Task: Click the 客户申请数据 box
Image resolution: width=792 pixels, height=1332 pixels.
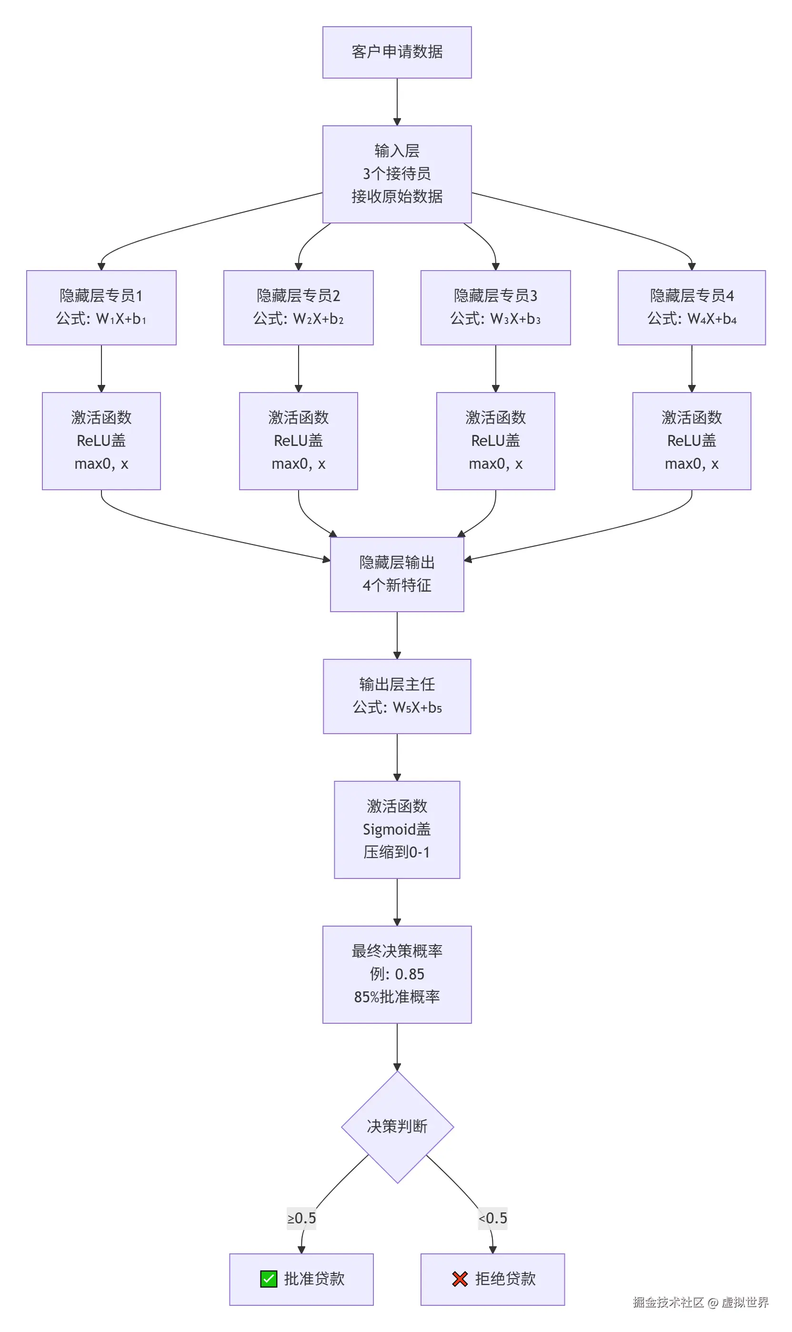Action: click(397, 52)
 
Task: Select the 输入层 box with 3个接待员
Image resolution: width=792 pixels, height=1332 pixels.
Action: click(397, 174)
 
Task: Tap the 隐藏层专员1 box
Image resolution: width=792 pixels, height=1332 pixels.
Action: click(101, 307)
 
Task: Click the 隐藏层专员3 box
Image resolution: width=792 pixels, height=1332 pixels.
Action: click(495, 307)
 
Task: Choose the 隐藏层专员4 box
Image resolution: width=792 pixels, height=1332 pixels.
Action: click(691, 307)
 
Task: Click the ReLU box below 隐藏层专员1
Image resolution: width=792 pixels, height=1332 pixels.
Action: click(101, 441)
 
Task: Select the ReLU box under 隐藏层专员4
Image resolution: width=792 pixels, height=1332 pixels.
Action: click(691, 441)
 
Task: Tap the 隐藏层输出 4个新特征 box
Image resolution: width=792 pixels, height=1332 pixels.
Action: click(397, 574)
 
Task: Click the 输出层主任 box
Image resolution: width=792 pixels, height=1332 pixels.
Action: click(397, 696)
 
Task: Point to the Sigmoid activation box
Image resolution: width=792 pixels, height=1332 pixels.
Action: click(397, 829)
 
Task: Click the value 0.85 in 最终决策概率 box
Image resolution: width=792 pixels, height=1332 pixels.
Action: click(410, 974)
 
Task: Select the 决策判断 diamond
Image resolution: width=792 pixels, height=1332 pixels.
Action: click(397, 1127)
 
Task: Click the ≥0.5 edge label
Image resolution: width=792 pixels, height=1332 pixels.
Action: click(301, 1218)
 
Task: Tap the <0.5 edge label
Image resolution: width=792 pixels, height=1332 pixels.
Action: click(492, 1218)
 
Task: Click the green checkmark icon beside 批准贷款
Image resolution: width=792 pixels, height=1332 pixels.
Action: click(269, 1279)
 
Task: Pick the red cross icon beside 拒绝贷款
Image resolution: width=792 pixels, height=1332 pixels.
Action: click(460, 1279)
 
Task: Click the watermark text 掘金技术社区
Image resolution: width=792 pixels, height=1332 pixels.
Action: click(668, 1302)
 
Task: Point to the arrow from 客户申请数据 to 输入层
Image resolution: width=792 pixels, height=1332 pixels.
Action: click(397, 101)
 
